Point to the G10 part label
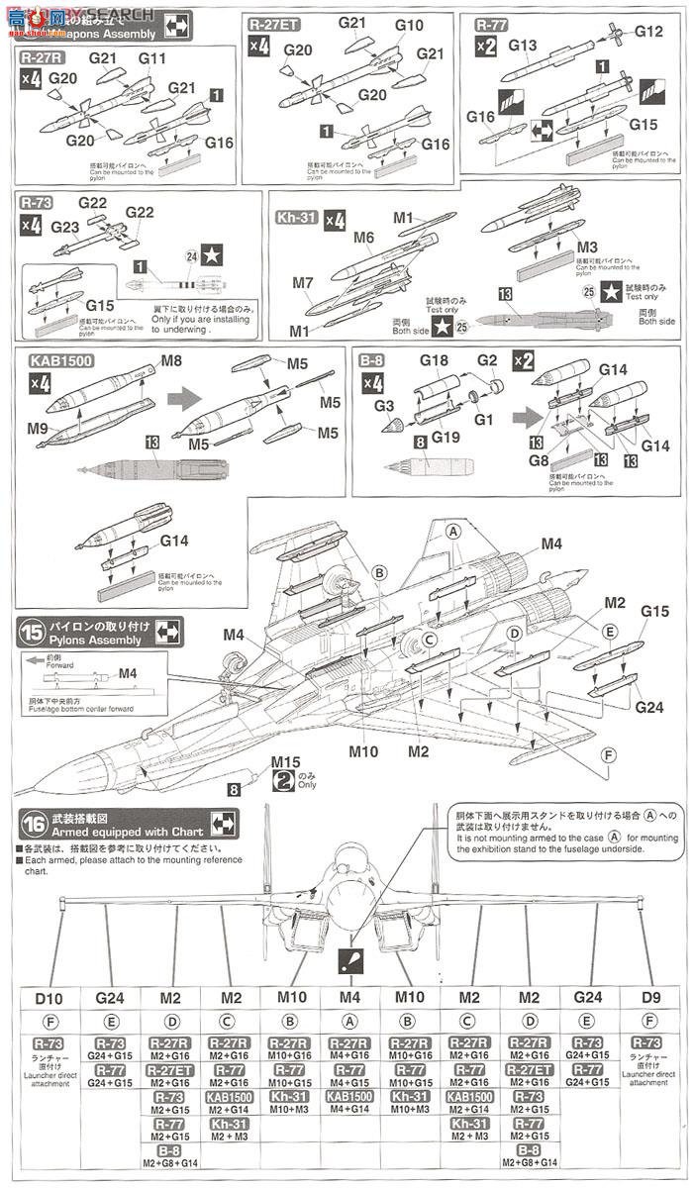pos(408,26)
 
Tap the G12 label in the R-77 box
pos(648,32)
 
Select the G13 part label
pos(523,46)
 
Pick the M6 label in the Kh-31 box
pos(363,238)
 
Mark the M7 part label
pos(304,283)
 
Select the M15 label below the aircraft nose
pos(257,761)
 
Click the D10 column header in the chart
pos(49,999)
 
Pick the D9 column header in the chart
pos(647,999)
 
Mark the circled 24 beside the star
pos(190,258)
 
